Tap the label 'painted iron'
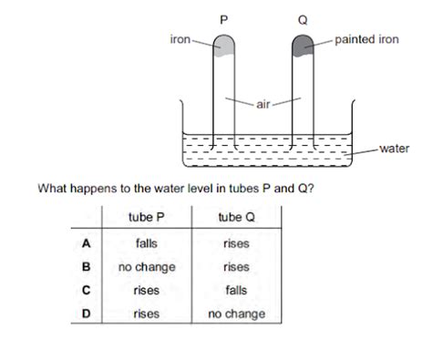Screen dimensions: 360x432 pyautogui.click(x=366, y=39)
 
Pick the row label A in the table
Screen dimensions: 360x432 pyautogui.click(x=83, y=243)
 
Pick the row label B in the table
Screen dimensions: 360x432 pyautogui.click(x=83, y=267)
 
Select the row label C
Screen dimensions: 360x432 pyautogui.click(x=83, y=291)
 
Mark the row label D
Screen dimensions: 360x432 pyautogui.click(x=83, y=314)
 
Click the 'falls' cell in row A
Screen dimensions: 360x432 pyautogui.click(x=146, y=243)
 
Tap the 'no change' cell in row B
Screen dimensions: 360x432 pyautogui.click(x=146, y=267)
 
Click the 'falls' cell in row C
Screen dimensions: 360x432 pyautogui.click(x=235, y=291)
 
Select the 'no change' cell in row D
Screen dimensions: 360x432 pyautogui.click(x=235, y=314)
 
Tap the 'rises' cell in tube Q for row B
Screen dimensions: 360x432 pyautogui.click(x=235, y=267)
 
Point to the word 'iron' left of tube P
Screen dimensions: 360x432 pyautogui.click(x=180, y=39)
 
